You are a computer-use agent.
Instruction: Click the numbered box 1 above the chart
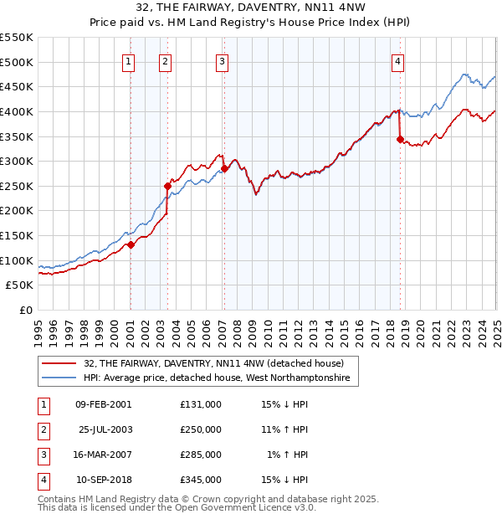(129, 61)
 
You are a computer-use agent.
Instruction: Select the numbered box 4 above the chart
(398, 61)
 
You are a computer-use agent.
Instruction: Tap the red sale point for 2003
(167, 186)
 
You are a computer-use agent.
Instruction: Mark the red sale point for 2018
(400, 139)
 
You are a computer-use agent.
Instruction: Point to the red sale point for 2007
(224, 168)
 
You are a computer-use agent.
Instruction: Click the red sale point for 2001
(131, 245)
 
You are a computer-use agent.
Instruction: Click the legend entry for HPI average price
(221, 378)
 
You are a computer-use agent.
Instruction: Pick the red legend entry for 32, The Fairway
(213, 363)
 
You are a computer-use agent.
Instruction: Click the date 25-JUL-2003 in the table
(105, 429)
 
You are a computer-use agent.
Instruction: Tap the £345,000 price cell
(201, 480)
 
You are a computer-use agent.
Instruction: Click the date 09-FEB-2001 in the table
(104, 404)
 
